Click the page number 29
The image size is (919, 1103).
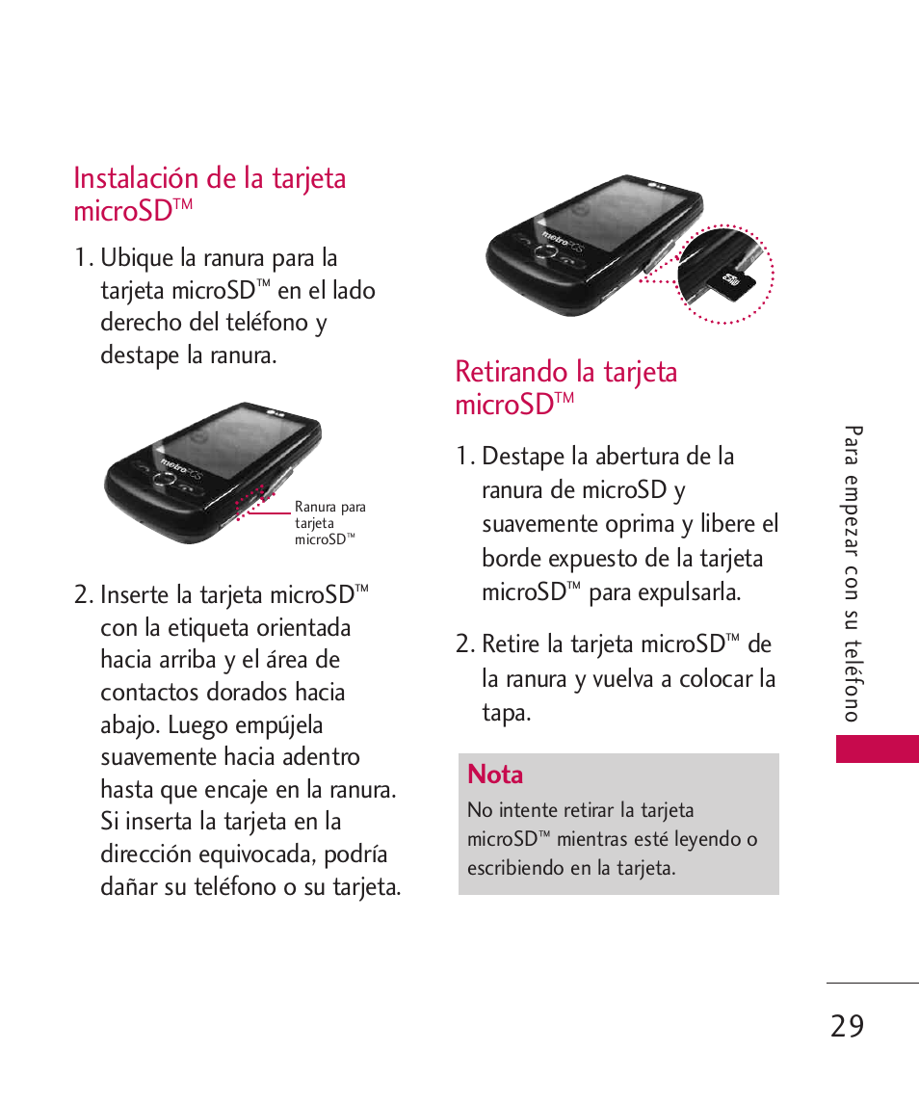846,1026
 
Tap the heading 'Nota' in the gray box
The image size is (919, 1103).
495,775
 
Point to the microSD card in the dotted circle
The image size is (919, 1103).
733,280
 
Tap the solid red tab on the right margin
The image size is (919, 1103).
877,748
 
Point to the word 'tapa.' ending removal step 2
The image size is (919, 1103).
507,714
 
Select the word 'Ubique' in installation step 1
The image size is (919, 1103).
135,259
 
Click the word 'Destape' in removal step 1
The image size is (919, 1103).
523,456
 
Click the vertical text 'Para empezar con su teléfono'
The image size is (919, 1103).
852,573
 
